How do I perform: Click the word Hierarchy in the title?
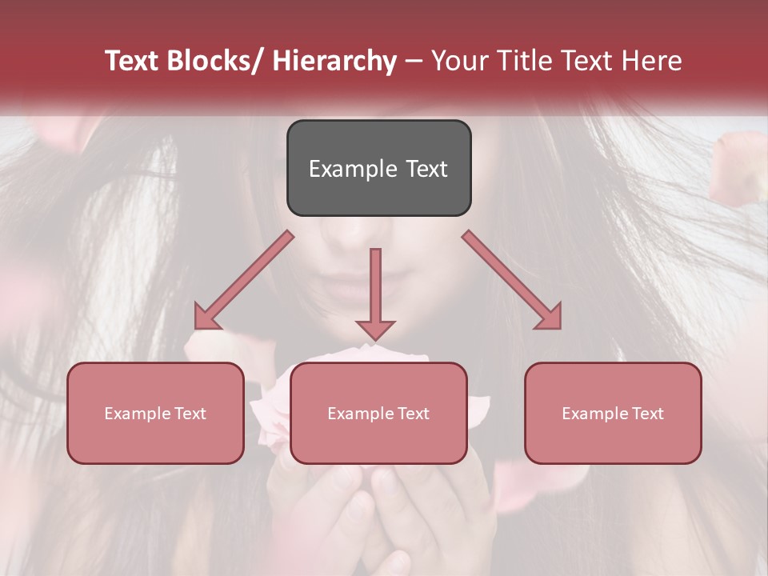click(334, 62)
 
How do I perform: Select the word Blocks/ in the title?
click(212, 62)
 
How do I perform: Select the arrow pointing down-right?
click(513, 281)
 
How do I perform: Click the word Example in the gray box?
click(353, 169)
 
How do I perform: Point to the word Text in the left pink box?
click(191, 414)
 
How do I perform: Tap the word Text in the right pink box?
click(648, 414)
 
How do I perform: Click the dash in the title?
click(414, 62)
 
